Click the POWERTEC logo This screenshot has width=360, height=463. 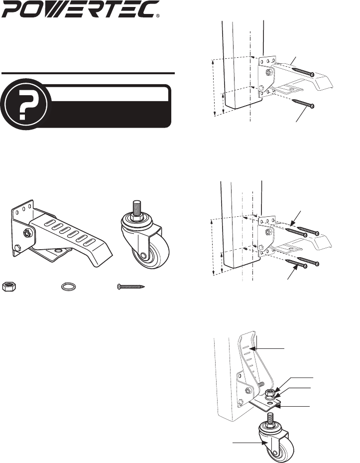(x=80, y=9)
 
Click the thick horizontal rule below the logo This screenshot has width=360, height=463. (x=88, y=73)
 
